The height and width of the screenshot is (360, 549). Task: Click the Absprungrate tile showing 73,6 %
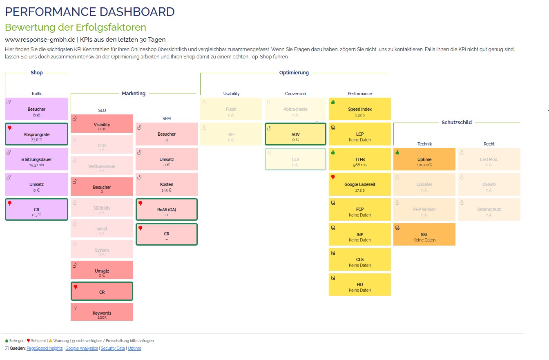(x=36, y=134)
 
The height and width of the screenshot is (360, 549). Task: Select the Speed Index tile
(x=359, y=109)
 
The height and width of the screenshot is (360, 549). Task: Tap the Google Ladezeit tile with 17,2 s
(x=359, y=184)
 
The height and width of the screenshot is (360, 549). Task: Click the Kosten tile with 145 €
(x=166, y=184)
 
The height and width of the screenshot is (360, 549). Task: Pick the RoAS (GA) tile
(x=166, y=209)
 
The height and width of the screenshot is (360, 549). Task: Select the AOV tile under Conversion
(x=295, y=134)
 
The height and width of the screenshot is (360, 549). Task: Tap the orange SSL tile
(x=424, y=234)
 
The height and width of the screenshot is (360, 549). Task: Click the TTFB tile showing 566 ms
(x=359, y=159)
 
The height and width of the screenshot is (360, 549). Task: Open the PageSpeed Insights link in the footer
(x=45, y=349)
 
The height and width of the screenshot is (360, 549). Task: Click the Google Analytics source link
(x=82, y=349)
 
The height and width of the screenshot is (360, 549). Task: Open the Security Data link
(x=113, y=349)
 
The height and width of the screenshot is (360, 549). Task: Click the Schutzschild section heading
(x=457, y=122)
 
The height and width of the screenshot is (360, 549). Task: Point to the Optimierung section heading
(x=294, y=73)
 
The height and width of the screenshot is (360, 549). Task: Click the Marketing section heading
(x=134, y=94)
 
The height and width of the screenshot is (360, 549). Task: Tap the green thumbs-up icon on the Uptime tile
(x=397, y=152)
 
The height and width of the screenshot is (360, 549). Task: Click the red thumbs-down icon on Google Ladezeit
(x=333, y=177)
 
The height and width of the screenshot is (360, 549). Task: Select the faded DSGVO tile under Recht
(x=489, y=184)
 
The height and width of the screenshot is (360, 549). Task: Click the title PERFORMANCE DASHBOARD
(x=89, y=12)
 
